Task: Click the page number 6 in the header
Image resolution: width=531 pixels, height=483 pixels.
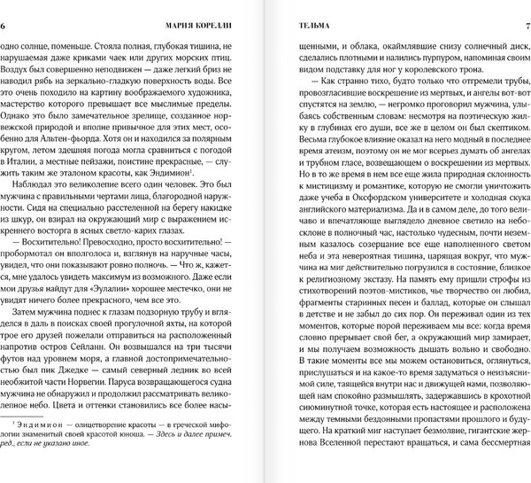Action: click(5, 26)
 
